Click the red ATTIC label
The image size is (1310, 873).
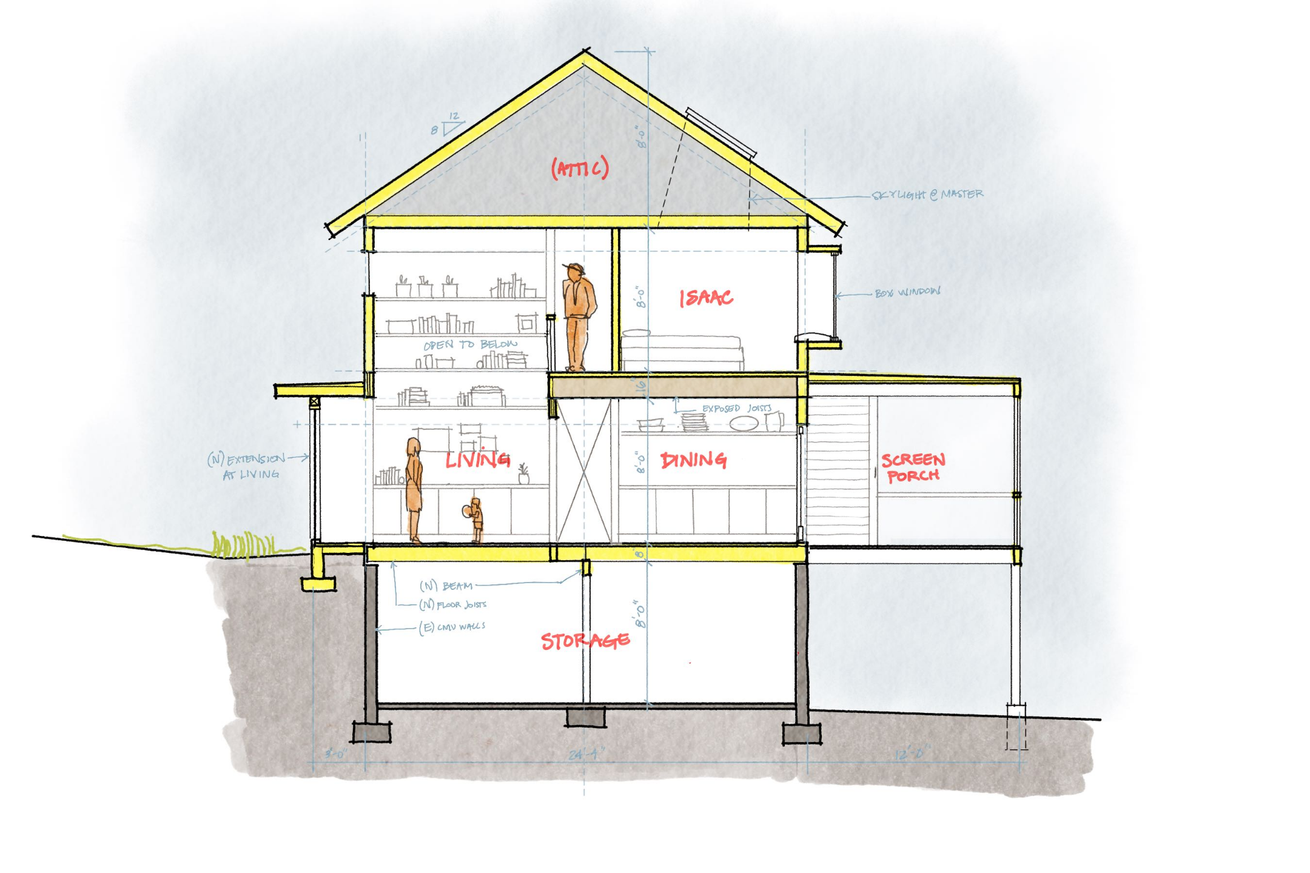pyautogui.click(x=579, y=167)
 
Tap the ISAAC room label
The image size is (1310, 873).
pyautogui.click(x=706, y=298)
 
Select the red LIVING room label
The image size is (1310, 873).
pyautogui.click(x=477, y=459)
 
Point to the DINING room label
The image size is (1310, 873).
pyautogui.click(x=693, y=460)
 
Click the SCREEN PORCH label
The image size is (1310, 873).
pyautogui.click(x=913, y=467)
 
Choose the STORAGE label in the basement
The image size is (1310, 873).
pyautogui.click(x=585, y=641)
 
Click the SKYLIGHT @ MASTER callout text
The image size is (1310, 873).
pyautogui.click(x=927, y=195)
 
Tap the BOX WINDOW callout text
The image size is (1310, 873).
pyautogui.click(x=907, y=292)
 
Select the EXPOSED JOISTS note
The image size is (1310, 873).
pyautogui.click(x=736, y=408)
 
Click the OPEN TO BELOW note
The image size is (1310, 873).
pyautogui.click(x=470, y=344)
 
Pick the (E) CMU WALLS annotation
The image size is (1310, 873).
pyautogui.click(x=452, y=626)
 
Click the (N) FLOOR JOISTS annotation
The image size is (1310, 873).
pyautogui.click(x=453, y=604)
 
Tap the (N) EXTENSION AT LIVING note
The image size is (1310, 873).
pyautogui.click(x=247, y=466)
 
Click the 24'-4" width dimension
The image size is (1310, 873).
pyautogui.click(x=586, y=754)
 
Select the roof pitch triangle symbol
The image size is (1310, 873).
pyautogui.click(x=452, y=126)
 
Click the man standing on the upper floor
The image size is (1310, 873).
pyautogui.click(x=578, y=315)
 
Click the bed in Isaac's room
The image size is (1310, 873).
pyautogui.click(x=682, y=352)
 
